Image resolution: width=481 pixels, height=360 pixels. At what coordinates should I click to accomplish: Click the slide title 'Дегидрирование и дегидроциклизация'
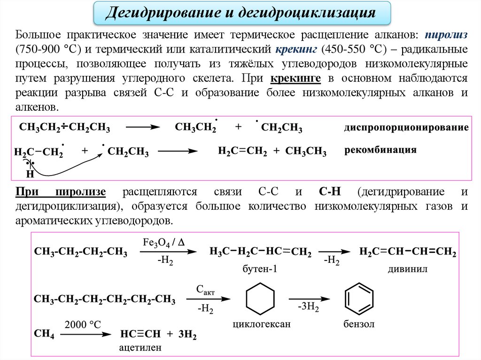(240, 13)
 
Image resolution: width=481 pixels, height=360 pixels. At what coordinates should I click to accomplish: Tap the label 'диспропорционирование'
(406, 127)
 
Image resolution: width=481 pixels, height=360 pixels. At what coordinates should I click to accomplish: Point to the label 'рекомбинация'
(381, 150)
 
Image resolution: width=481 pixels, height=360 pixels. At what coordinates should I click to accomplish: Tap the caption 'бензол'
(359, 324)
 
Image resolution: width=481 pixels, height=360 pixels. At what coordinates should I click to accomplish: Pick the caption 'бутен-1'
(257, 269)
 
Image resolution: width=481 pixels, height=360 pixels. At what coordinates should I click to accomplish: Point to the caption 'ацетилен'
(140, 348)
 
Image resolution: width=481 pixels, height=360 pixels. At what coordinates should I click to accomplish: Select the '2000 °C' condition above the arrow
(83, 324)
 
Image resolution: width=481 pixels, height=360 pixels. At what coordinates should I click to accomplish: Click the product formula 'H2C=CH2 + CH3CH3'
(272, 151)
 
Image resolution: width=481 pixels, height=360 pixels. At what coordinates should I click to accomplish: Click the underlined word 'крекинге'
(295, 78)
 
